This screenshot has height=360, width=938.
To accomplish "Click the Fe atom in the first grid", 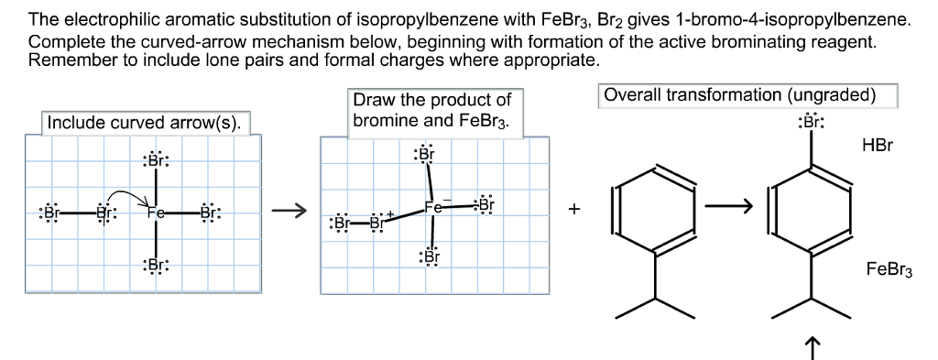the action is point(156,213).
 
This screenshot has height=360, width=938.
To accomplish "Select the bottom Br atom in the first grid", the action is point(156,266).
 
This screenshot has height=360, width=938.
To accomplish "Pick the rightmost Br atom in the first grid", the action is point(210,213).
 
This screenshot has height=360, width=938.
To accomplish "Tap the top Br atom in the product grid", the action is point(425,154).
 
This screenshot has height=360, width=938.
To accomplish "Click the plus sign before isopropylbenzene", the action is point(574,210).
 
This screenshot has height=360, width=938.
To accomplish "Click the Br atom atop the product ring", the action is point(810,123).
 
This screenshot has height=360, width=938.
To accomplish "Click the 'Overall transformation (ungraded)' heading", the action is point(747,95).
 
